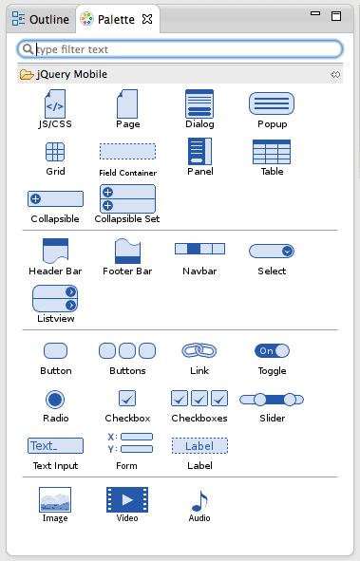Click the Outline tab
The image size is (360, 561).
(x=41, y=19)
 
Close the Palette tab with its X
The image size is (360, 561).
(x=147, y=19)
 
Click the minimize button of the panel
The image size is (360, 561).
(x=315, y=13)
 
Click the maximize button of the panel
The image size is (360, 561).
(x=336, y=16)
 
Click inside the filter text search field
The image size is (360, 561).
(x=180, y=49)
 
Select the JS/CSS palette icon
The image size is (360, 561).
(x=55, y=103)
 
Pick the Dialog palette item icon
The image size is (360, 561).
(x=199, y=103)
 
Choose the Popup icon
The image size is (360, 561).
(x=272, y=103)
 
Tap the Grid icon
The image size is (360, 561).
(x=55, y=152)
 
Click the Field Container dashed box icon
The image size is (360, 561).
(x=127, y=151)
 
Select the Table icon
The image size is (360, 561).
(x=272, y=152)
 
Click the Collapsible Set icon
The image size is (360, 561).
(x=127, y=198)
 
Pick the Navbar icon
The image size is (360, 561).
(x=199, y=249)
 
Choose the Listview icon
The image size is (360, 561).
(x=55, y=298)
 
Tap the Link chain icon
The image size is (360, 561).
(x=199, y=350)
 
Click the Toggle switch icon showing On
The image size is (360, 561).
(x=272, y=350)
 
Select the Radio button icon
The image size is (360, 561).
(x=55, y=400)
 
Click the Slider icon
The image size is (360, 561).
(x=272, y=400)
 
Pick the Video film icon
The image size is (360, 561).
(x=127, y=499)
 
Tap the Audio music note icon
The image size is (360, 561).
(x=199, y=501)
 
